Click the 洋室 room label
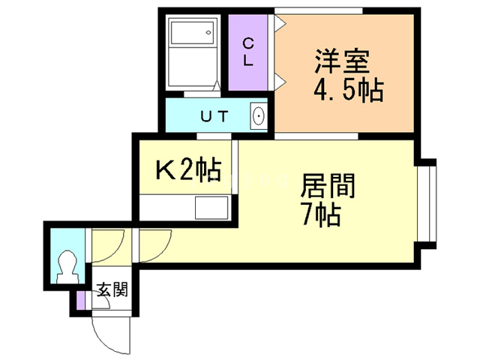[x=342, y=61]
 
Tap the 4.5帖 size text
[x=348, y=90]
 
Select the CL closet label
[x=248, y=53]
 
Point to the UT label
[x=214, y=116]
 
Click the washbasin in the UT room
[x=259, y=116]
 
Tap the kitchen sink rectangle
[x=211, y=208]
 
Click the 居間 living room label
[x=328, y=185]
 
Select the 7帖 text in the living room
[x=322, y=214]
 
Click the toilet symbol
[x=67, y=267]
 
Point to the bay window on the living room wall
[x=427, y=204]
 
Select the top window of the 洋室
[x=318, y=10]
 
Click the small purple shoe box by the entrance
[x=80, y=301]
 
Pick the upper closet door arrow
[x=280, y=23]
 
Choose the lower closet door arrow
[x=280, y=82]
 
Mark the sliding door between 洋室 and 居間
[x=316, y=136]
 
